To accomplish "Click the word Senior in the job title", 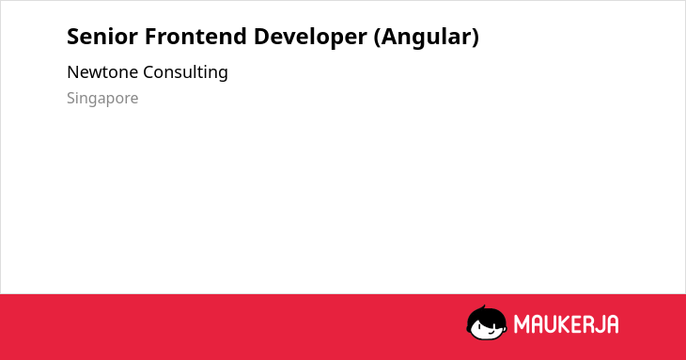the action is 102,37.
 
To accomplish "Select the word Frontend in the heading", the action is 195,37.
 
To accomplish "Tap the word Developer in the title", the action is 310,38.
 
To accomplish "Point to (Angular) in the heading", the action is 427,38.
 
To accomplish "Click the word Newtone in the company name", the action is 102,72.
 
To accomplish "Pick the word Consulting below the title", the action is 185,72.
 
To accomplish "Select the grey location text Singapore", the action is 102,99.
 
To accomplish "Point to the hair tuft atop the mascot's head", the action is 483,308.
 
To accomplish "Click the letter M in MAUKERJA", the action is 521,324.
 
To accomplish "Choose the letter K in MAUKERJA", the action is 563,324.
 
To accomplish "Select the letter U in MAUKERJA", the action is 549,324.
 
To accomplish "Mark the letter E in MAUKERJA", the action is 575,324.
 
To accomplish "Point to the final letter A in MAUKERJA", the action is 612,324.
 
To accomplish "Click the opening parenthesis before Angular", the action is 377,38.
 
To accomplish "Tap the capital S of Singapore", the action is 70,98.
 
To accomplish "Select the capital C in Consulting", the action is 148,72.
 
